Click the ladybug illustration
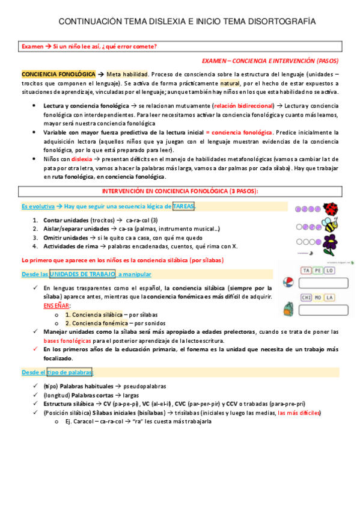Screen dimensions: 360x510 click(331, 209)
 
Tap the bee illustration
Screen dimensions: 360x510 click(331, 227)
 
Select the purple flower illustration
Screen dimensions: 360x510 click(331, 245)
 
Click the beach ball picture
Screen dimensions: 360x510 click(289, 283)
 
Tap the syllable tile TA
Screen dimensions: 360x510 click(307, 271)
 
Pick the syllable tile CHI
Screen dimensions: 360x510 click(307, 297)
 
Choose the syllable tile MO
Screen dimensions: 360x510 click(317, 297)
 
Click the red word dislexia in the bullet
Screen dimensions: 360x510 click(82, 158)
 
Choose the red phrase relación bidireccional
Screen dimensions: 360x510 click(242, 104)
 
